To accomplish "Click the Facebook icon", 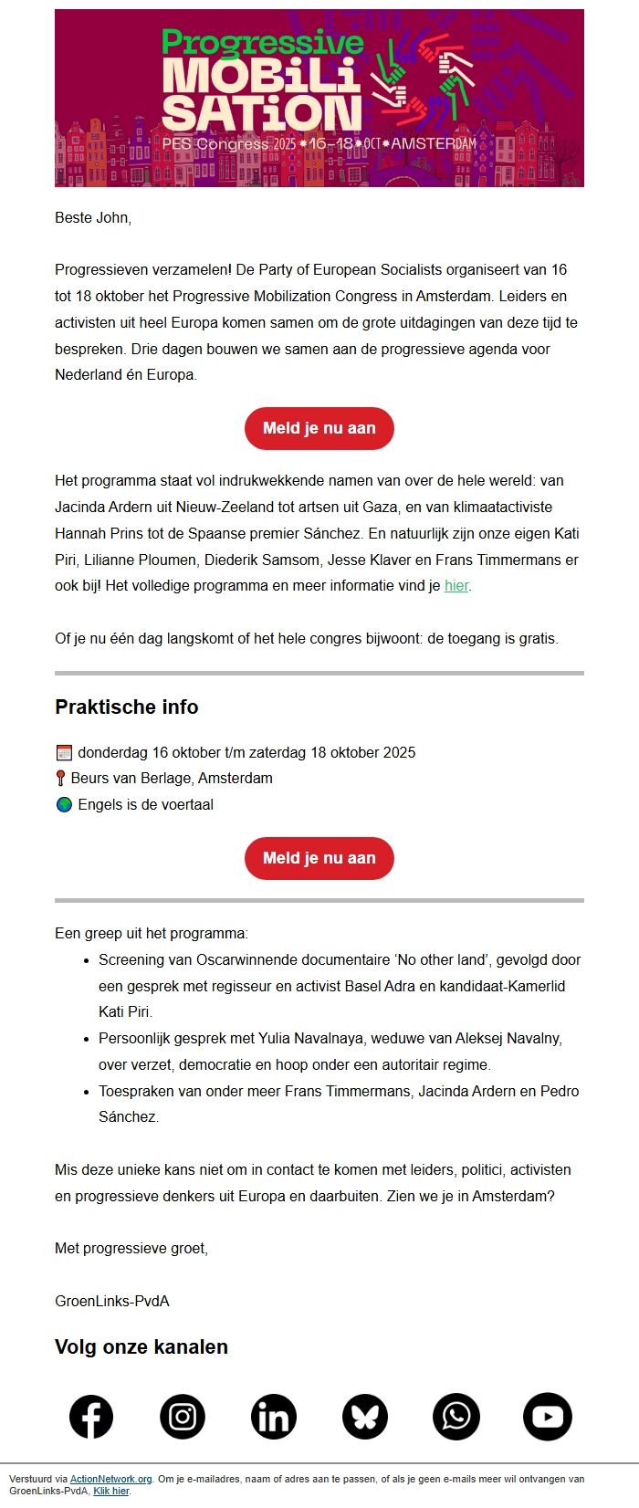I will click(91, 1417).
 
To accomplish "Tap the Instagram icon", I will click(183, 1417).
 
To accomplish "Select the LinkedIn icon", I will click(274, 1417).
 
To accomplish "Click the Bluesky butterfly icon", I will click(365, 1417).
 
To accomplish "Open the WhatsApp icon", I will click(456, 1417).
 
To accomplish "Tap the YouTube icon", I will click(548, 1417).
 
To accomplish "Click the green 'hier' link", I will click(456, 586).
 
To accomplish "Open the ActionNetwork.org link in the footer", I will click(110, 1479).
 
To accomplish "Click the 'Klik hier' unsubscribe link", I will click(111, 1491).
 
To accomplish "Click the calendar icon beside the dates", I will click(64, 753).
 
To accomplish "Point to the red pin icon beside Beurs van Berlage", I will click(61, 779).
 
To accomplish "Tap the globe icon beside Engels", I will click(64, 805).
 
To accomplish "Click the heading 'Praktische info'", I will click(127, 707).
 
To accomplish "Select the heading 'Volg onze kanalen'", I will click(141, 1347).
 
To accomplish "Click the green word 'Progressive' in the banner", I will click(263, 42).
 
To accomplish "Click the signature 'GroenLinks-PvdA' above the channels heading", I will click(112, 1301).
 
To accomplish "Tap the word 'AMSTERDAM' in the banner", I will click(434, 144).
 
